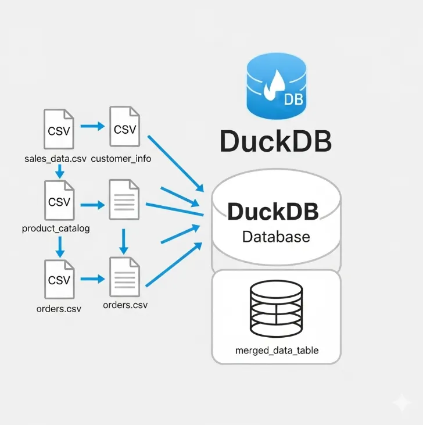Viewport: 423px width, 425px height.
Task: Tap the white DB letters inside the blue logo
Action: click(x=293, y=99)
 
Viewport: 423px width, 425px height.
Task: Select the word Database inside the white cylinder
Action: click(x=275, y=237)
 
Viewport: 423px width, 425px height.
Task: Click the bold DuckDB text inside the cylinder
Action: click(x=273, y=212)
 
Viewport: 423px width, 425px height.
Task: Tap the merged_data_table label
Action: click(x=277, y=351)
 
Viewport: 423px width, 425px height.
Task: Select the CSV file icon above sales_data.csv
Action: click(x=59, y=129)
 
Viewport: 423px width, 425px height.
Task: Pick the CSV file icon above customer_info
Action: click(x=124, y=127)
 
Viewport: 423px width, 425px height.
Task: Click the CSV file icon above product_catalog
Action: click(x=59, y=201)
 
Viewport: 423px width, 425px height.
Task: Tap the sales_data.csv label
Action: click(x=56, y=159)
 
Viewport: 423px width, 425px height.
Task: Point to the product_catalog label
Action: click(x=56, y=228)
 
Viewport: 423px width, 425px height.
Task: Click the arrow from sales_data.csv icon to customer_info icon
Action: click(x=91, y=126)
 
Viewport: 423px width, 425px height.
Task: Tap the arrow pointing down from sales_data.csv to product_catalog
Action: click(x=59, y=171)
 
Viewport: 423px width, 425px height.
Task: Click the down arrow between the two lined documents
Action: click(x=124, y=241)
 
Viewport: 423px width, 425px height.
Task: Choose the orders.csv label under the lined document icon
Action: click(x=125, y=305)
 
